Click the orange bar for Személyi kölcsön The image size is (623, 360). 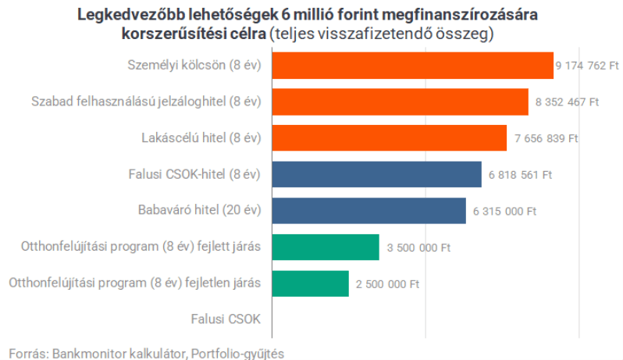click(412, 66)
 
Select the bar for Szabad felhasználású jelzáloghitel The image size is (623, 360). click(400, 102)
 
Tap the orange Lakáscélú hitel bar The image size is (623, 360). click(389, 138)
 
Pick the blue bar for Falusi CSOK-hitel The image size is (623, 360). click(376, 174)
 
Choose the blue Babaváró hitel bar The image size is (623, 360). click(368, 211)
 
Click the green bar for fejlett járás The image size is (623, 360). click(325, 247)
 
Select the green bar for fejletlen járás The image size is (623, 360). click(310, 283)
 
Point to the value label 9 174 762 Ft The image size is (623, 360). click(586, 66)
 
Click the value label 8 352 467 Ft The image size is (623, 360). click(567, 102)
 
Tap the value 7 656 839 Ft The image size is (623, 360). click(546, 139)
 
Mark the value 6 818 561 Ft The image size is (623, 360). click(520, 175)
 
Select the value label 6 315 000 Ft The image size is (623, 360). click(504, 212)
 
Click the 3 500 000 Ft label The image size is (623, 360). click(418, 248)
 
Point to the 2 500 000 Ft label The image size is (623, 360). click(387, 284)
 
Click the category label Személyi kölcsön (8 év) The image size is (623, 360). click(194, 66)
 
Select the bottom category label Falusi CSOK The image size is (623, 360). click(226, 319)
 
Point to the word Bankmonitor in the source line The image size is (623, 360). click(86, 353)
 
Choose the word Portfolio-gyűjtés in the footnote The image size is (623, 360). click(237, 353)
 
